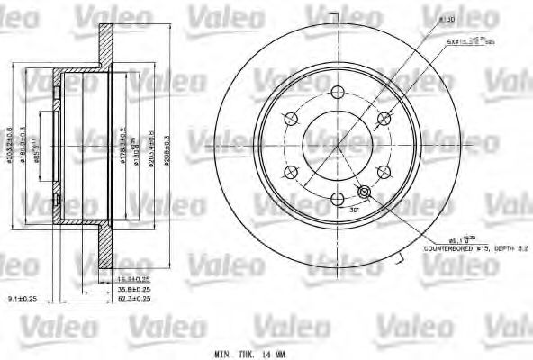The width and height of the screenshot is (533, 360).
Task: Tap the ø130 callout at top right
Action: [445, 19]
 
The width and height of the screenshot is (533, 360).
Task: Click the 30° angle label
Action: [355, 209]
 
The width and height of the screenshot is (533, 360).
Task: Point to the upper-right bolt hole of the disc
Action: [384, 118]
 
